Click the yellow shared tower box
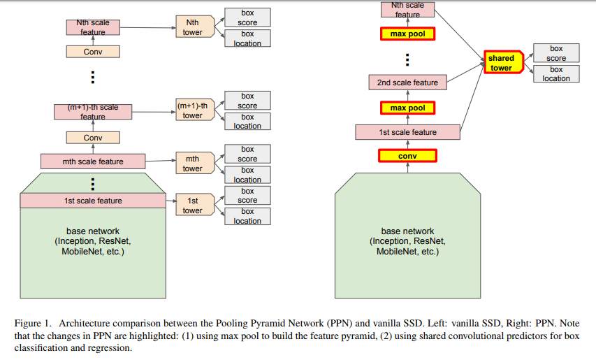coord(502,63)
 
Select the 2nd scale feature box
coord(407,82)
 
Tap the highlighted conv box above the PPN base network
coord(407,156)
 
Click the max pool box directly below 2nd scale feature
coord(407,108)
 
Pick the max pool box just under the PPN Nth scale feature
coord(407,33)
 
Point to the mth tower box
coord(192,164)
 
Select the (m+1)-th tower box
coord(193,110)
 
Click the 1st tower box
coord(192,206)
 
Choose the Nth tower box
coord(192,27)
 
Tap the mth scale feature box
coord(93,161)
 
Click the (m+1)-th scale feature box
coord(93,112)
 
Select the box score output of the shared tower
coord(556,53)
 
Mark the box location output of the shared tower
coord(556,74)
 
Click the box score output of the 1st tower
coord(247,196)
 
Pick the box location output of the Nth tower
coord(247,38)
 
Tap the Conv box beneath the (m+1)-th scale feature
coord(93,138)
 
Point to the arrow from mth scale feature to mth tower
coord(160,161)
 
